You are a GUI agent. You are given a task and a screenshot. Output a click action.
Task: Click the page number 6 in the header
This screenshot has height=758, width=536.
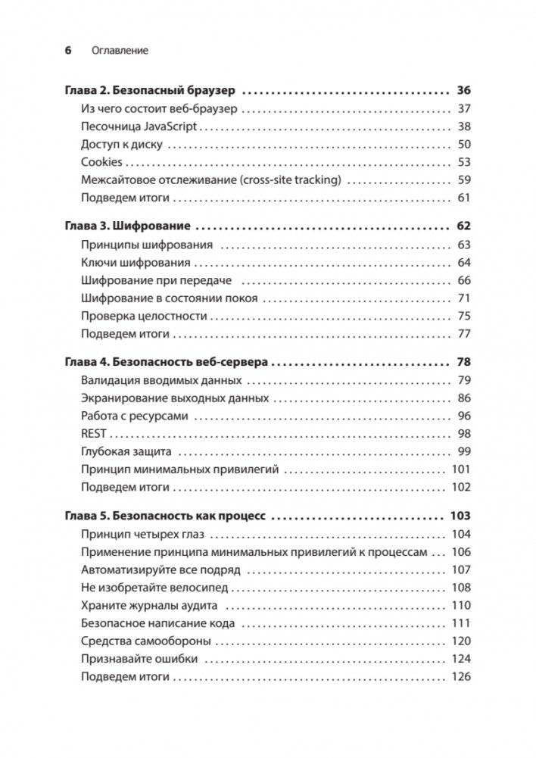point(67,51)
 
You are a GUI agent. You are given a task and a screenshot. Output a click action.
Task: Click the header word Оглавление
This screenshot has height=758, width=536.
point(119,51)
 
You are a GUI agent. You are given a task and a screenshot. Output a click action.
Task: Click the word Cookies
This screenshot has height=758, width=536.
point(101,162)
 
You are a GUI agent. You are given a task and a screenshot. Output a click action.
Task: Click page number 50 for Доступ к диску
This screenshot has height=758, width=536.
point(464,145)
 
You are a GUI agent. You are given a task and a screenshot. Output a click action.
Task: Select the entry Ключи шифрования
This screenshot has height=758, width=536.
point(136,262)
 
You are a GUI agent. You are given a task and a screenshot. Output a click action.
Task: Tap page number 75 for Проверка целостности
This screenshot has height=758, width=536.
point(464,316)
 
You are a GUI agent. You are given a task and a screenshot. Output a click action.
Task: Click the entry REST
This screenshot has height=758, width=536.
point(94,433)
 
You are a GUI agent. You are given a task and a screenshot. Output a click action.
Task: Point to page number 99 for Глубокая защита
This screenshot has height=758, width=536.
point(464,451)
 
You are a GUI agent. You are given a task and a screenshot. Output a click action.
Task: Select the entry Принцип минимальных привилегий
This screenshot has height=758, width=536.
point(180,469)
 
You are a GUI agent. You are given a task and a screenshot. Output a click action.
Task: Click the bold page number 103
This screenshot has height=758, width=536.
point(460,515)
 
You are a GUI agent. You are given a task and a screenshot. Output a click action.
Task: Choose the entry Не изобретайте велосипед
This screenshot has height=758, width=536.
point(154,588)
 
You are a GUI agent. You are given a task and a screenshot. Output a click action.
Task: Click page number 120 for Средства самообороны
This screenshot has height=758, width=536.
point(460,641)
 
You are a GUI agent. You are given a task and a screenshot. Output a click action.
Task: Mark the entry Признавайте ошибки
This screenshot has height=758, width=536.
point(140,659)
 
